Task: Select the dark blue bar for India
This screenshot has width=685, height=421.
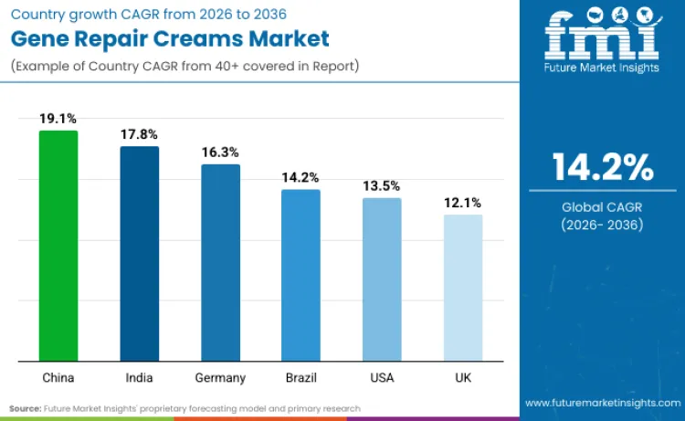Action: coord(139,253)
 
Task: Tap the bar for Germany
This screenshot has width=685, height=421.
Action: coord(220,262)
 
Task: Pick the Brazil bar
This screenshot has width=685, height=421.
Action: coord(300,274)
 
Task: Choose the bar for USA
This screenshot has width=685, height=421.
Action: coord(382,279)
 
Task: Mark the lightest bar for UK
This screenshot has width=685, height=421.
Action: coord(463,287)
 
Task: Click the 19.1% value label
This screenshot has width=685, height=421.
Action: coord(58,119)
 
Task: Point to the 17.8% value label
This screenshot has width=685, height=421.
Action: coord(139,134)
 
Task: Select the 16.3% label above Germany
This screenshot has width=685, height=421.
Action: coord(220,153)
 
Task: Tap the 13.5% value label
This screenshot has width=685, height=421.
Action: coord(382,185)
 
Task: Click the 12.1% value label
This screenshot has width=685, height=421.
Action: coord(463,203)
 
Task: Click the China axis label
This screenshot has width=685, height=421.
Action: coord(58,377)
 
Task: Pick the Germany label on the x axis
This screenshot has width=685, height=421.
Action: coord(220,377)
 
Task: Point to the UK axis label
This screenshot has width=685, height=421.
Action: coord(463,377)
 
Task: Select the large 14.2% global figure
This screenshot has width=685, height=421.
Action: coord(603,167)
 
